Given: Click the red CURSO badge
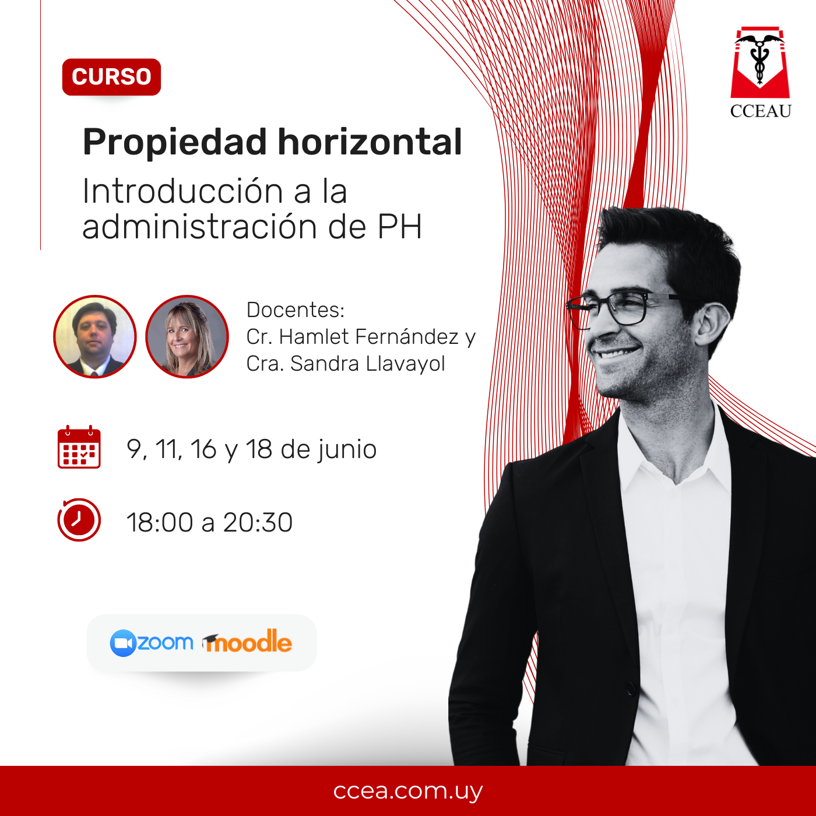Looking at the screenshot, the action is (111, 76).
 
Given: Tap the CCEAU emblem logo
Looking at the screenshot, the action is (760, 72).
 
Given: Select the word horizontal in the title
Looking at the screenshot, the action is (370, 142).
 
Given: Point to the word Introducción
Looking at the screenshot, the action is (182, 191).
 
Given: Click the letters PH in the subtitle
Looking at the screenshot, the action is (399, 227).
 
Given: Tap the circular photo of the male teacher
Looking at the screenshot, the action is (95, 337).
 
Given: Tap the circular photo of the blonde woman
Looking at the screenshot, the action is (187, 337).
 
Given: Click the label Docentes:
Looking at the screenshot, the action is (296, 310).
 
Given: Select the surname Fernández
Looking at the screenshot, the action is (406, 337).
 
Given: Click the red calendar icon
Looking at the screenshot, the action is (79, 446).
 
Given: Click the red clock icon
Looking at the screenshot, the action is (79, 520).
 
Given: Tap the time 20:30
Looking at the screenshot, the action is (258, 523).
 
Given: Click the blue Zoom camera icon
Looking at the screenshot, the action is (123, 643).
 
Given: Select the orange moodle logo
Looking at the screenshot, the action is (247, 642).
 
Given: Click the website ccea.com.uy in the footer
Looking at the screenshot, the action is (408, 791).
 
